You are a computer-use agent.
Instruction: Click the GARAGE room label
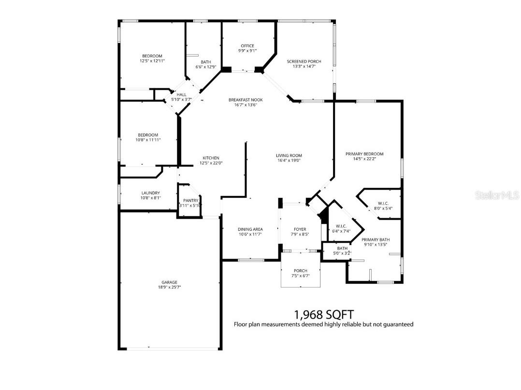(x=169, y=282)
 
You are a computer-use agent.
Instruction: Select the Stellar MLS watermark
(x=497, y=195)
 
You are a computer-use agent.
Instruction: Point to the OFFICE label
(x=247, y=46)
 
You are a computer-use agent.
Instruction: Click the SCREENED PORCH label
(x=304, y=61)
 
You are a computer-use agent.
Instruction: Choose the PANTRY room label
(x=190, y=201)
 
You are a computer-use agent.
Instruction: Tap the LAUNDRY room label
(x=151, y=193)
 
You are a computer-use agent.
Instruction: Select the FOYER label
(x=300, y=229)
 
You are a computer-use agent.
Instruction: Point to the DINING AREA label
(x=250, y=229)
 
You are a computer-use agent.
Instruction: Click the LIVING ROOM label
(x=289, y=155)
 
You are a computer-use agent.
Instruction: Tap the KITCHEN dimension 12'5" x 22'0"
(x=211, y=163)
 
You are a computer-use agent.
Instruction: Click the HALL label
(x=182, y=95)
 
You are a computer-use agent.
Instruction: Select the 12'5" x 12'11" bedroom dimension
(x=152, y=61)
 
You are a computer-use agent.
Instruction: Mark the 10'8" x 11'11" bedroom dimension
(x=148, y=140)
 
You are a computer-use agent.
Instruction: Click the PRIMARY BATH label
(x=376, y=239)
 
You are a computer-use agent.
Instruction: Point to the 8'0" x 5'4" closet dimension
(x=383, y=209)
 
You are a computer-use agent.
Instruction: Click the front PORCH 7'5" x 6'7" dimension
(x=300, y=276)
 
